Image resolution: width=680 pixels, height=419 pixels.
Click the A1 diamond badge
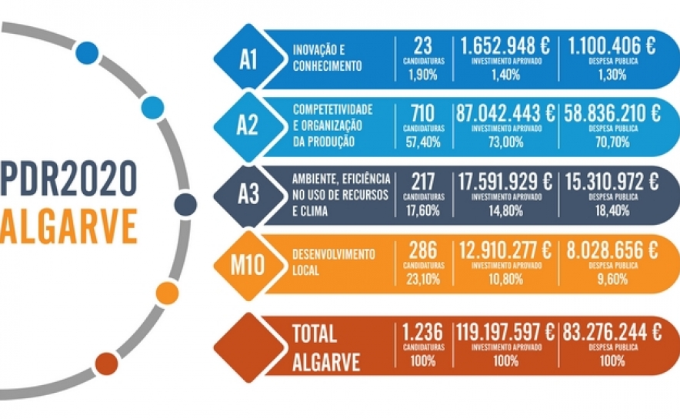tap(248, 59)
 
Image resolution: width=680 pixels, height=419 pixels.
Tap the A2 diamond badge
tap(248, 126)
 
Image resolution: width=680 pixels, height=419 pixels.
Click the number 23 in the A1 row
tap(423, 45)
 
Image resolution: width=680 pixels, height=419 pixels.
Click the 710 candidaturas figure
tap(423, 112)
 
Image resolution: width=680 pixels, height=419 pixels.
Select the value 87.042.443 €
tap(505, 112)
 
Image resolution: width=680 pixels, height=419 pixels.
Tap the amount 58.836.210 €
tap(612, 112)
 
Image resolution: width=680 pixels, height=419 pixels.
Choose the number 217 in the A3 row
tap(423, 182)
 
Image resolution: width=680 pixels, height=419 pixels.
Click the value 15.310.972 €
tap(612, 182)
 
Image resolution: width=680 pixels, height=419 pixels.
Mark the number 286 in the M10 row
tap(423, 250)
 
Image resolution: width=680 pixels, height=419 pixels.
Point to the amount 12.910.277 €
tap(505, 250)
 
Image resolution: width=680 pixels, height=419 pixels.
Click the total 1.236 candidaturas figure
tap(423, 333)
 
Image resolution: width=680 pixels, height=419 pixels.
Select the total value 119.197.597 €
tap(505, 333)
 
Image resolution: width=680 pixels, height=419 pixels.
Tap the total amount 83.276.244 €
tap(612, 333)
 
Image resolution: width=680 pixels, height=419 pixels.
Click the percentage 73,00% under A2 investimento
tap(505, 142)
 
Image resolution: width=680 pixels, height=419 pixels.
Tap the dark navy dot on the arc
tap(185, 205)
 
